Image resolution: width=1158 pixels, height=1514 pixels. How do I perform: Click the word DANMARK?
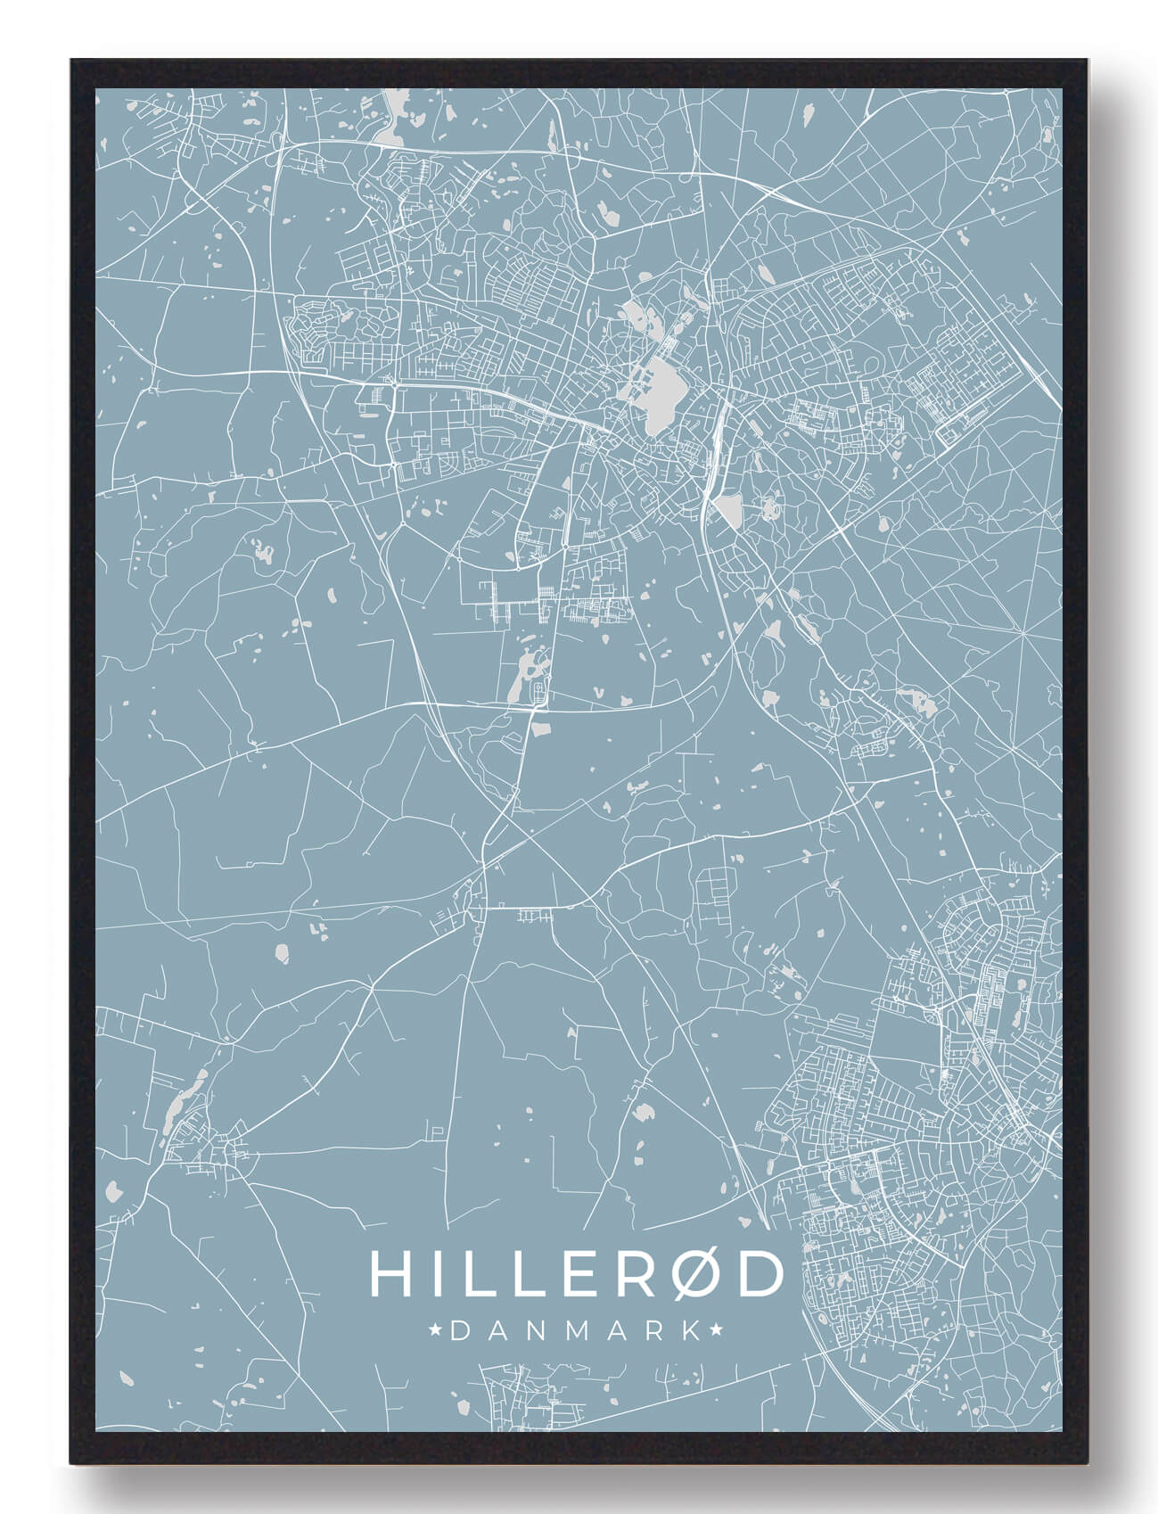576,1330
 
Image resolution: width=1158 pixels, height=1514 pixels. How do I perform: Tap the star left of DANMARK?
437,1330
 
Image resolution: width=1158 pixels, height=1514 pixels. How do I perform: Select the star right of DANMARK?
715,1330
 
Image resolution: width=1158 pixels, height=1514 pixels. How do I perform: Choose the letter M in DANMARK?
576,1330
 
